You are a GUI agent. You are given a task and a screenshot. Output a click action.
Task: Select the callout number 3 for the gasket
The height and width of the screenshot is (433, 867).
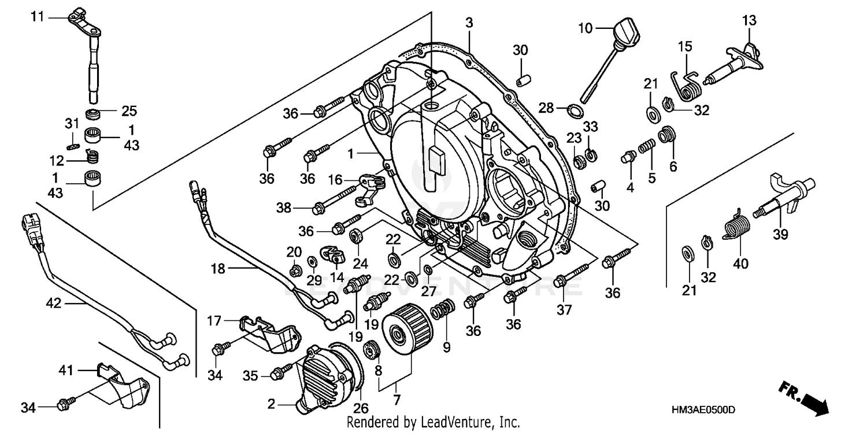pyautogui.click(x=469, y=23)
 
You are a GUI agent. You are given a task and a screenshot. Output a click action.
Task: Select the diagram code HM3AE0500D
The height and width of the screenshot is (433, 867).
pyautogui.click(x=703, y=410)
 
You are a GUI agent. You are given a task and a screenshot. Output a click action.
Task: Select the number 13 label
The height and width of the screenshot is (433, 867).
pyautogui.click(x=749, y=21)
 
